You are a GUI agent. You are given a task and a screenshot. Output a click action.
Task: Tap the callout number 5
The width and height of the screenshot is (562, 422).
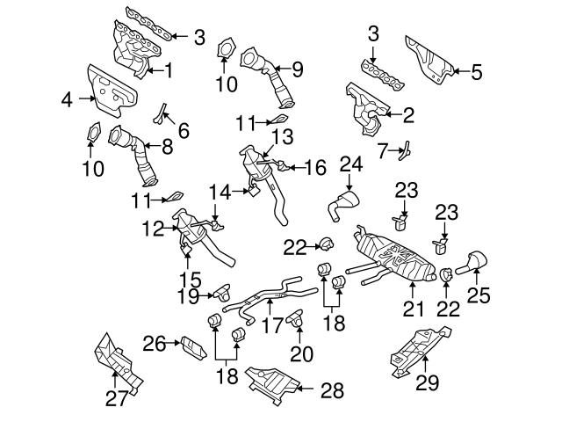pos(477,72)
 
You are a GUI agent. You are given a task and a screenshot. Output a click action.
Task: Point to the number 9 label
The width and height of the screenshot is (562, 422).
pos(297,67)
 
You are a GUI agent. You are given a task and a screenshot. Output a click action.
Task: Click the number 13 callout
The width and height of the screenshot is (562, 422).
pos(281,137)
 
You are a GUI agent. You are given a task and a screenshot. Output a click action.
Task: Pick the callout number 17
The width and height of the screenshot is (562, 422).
pos(272,324)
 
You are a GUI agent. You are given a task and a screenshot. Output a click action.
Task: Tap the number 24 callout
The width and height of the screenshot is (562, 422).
pos(351,164)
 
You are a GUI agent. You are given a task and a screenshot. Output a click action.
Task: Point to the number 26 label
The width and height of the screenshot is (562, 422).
pos(155,343)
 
